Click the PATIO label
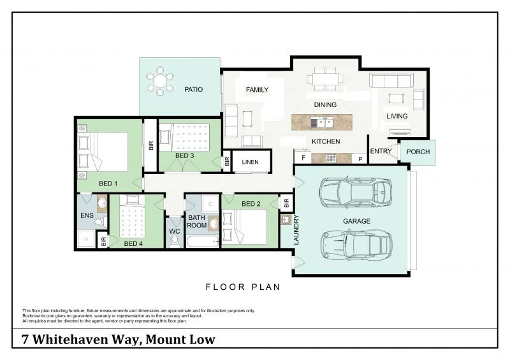(x=194, y=89)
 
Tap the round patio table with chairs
(x=160, y=83)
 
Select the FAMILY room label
(x=257, y=90)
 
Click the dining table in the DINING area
(x=325, y=79)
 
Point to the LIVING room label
(x=397, y=116)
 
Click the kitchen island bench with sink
(x=321, y=122)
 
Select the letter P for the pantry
(x=360, y=158)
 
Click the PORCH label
(x=418, y=152)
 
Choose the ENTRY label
(x=381, y=151)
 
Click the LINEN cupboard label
(x=251, y=162)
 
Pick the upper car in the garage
(x=356, y=189)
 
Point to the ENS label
(x=86, y=216)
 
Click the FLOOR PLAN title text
(x=243, y=287)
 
